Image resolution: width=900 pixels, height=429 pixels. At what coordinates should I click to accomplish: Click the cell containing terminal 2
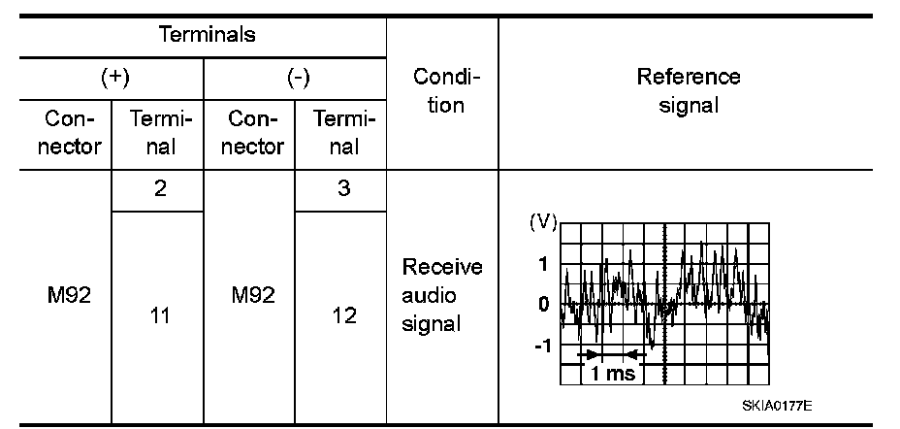point(158,190)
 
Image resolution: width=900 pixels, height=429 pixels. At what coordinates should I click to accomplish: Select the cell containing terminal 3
point(343,190)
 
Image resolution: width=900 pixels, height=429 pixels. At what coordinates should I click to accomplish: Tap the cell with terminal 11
point(158,315)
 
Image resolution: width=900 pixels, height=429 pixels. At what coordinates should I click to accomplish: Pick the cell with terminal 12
point(343,315)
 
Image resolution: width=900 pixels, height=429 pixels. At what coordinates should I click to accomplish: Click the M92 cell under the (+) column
point(68,295)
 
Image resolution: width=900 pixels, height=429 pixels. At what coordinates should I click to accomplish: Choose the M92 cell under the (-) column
point(252,295)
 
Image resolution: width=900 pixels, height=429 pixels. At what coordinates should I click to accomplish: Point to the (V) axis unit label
point(543,221)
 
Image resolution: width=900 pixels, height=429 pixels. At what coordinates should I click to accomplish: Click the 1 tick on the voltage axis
point(544,263)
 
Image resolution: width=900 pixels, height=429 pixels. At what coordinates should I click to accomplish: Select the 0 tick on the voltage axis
point(544,304)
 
